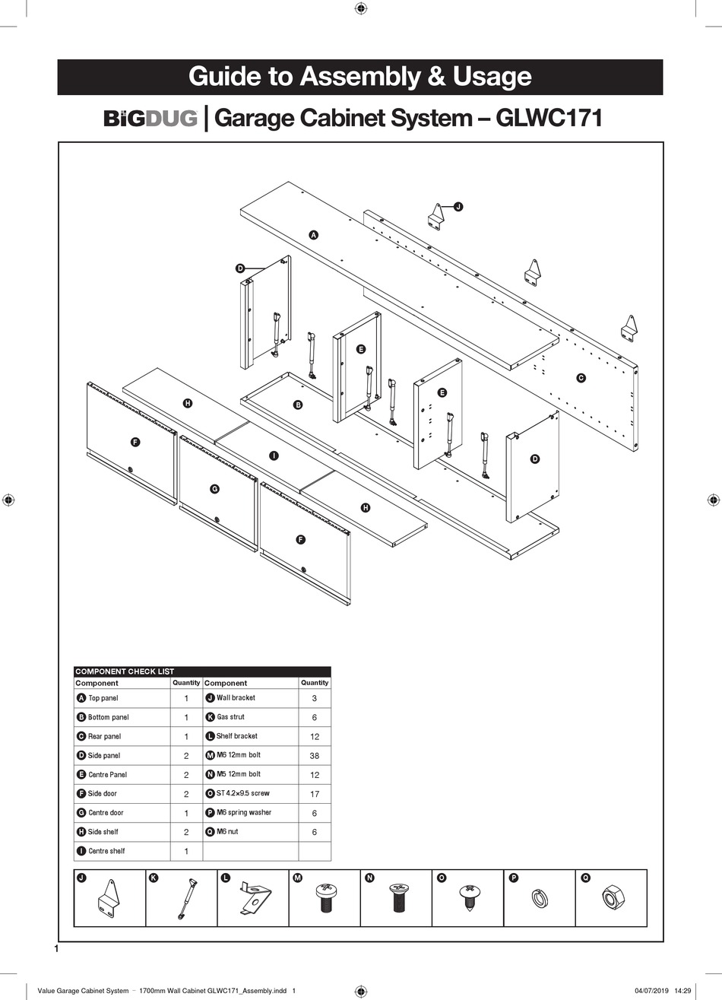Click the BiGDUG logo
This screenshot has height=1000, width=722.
click(x=150, y=119)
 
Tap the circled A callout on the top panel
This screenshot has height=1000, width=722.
click(x=313, y=235)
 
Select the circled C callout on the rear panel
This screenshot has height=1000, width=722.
click(x=581, y=378)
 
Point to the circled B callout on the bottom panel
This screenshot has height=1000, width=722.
click(x=298, y=405)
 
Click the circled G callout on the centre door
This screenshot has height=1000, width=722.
click(x=214, y=488)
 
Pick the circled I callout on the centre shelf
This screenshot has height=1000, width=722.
click(x=274, y=456)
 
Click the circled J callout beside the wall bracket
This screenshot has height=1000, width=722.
click(x=458, y=206)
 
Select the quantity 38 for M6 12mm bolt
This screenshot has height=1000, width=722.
click(x=315, y=756)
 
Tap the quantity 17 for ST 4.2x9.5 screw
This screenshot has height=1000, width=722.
click(x=315, y=794)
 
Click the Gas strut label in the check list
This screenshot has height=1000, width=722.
click(x=230, y=717)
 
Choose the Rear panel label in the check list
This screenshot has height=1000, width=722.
click(x=104, y=736)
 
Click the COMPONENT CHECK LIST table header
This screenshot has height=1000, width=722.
click(x=125, y=671)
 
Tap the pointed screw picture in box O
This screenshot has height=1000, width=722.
click(x=467, y=899)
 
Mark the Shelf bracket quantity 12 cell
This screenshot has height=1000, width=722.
click(x=315, y=737)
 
